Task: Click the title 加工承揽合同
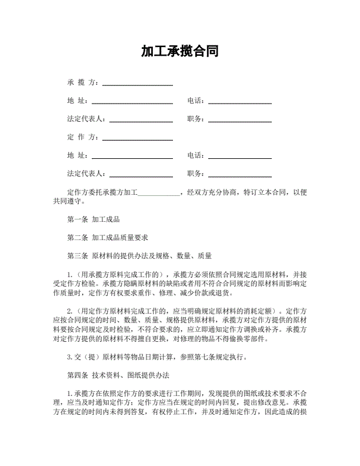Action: pos(180,51)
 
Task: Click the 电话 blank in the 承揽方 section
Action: pos(240,101)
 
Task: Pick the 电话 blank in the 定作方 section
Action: pos(240,156)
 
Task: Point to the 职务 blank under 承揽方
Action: pos(240,119)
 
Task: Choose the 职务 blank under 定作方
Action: pos(240,174)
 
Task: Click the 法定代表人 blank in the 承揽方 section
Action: pos(141,119)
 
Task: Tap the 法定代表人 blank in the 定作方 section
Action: pos(141,174)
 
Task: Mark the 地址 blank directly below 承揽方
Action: pos(132,101)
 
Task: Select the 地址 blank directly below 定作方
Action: pos(132,156)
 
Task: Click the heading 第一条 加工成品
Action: pos(94,219)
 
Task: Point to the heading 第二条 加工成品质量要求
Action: pos(108,238)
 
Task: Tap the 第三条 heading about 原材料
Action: pos(140,256)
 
